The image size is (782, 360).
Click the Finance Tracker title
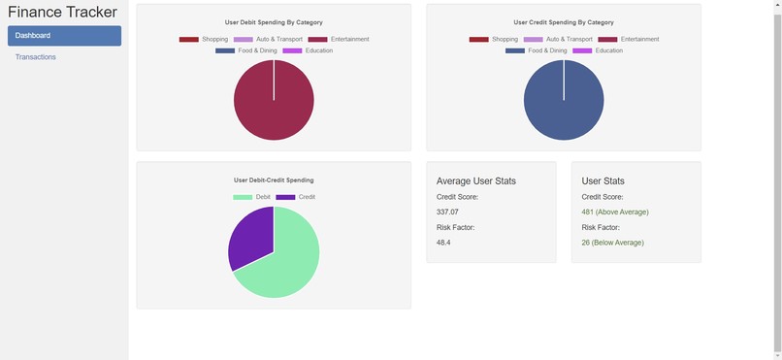62,13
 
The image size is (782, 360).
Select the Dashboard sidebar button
64,36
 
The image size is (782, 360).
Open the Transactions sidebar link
36,57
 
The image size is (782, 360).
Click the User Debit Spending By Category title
274,22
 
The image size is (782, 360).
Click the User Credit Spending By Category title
563,22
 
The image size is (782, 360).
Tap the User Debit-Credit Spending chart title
274,180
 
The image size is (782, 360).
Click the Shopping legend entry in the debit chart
204,40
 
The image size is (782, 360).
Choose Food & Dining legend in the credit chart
537,50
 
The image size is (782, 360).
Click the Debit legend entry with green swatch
253,197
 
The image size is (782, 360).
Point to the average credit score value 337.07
447,212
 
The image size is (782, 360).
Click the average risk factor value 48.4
443,243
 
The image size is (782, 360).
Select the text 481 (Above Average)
615,212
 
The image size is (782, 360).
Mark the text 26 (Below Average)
612,243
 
